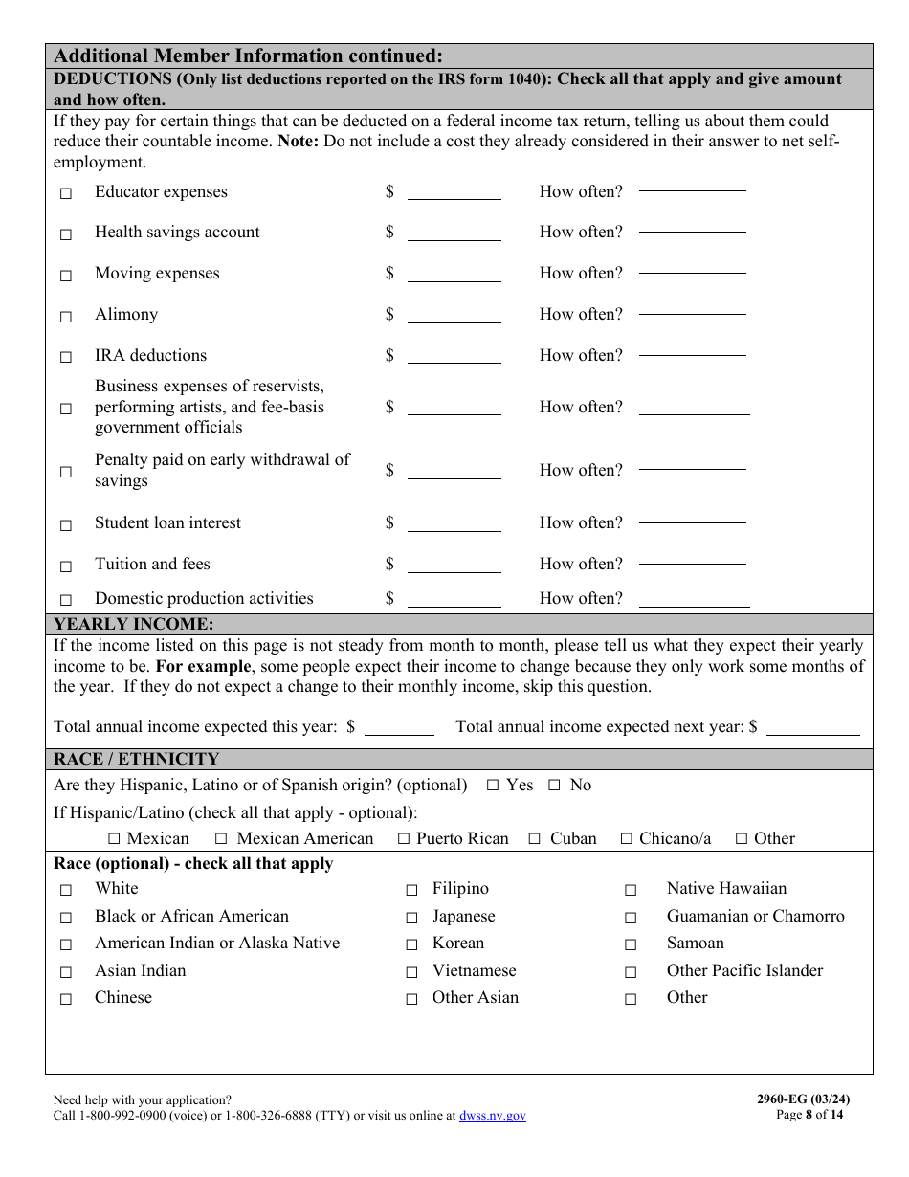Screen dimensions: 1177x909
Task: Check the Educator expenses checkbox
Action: click(66, 193)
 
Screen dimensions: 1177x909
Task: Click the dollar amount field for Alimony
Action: click(454, 315)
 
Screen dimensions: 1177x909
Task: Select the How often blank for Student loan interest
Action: click(692, 522)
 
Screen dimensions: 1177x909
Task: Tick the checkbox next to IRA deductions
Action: click(66, 357)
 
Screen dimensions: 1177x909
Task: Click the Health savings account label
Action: click(177, 233)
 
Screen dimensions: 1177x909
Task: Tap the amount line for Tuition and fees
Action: click(454, 565)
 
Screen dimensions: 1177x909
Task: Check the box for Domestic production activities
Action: click(66, 600)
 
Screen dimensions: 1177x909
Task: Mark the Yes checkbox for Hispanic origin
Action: click(493, 786)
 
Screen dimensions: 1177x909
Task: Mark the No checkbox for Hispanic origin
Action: click(554, 786)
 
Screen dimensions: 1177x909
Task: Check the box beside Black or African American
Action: click(66, 918)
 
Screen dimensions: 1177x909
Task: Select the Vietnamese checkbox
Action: click(411, 972)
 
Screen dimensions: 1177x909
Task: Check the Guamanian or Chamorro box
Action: click(631, 918)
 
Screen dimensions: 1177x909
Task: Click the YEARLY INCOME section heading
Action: click(134, 625)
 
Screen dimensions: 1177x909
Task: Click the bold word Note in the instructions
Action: click(298, 142)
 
